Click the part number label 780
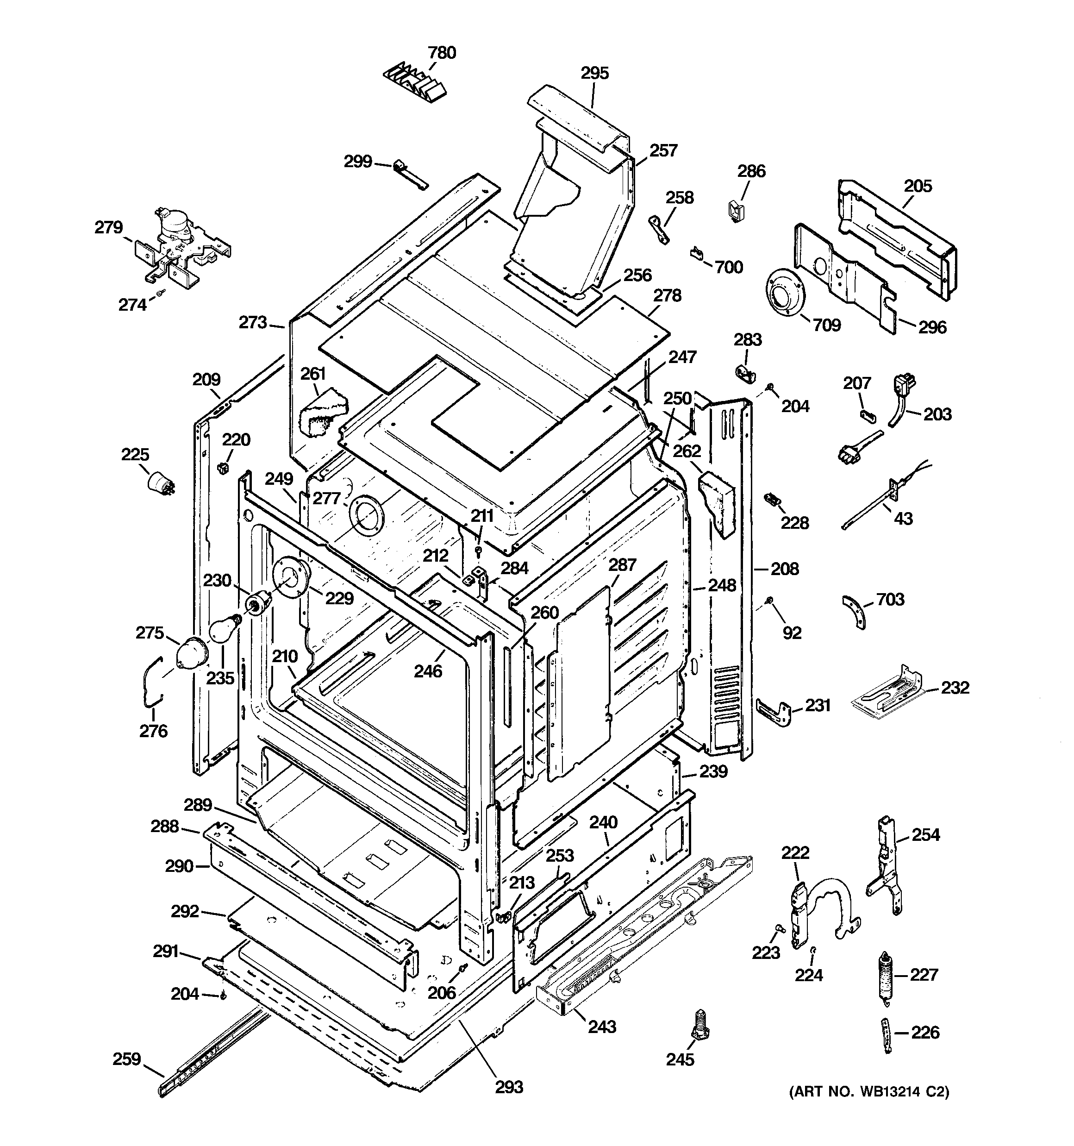point(442,52)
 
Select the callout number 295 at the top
point(594,73)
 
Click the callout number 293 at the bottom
point(509,1087)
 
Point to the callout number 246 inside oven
point(428,670)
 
